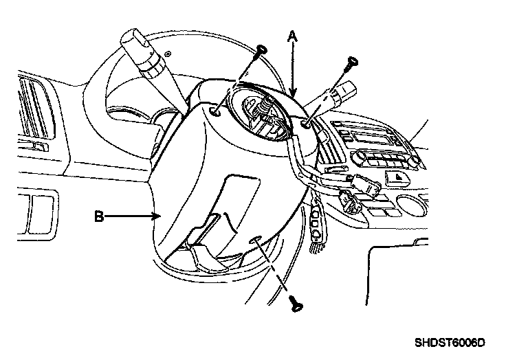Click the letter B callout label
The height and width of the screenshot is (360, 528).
99,217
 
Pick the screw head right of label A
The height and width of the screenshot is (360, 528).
352,62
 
